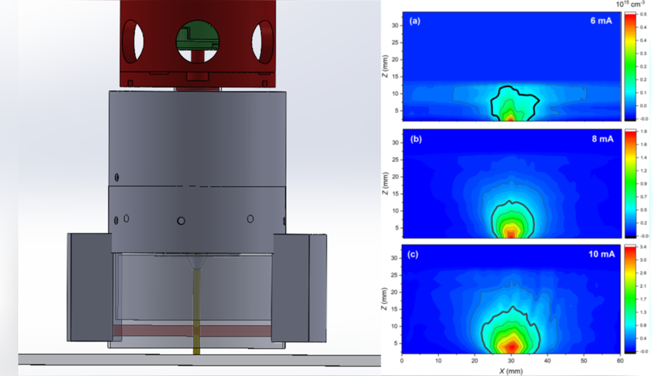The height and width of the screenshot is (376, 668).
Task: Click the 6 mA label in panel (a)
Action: (601, 22)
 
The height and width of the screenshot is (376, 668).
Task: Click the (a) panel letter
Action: (415, 22)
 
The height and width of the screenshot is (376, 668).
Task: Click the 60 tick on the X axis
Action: (619, 361)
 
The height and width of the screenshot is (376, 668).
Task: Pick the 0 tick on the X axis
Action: (402, 361)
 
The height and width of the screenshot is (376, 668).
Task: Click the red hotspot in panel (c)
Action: (512, 346)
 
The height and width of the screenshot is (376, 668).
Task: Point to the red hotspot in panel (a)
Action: (511, 118)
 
